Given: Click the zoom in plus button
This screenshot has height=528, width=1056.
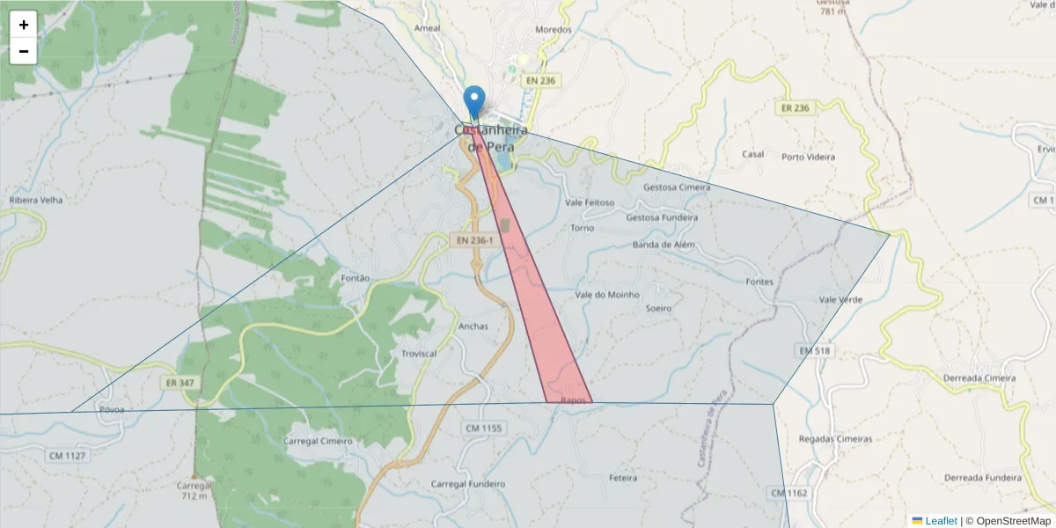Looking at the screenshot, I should tap(24, 25).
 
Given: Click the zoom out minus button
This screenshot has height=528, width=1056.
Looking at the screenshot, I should tap(24, 51).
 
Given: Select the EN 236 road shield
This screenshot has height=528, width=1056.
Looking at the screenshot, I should tap(541, 80).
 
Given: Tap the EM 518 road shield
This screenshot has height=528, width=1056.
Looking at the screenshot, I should tap(815, 350).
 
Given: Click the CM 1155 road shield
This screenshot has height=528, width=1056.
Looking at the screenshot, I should tap(482, 428).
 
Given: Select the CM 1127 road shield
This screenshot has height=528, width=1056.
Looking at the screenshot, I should tap(67, 455).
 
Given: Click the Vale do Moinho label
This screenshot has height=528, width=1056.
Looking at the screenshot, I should tap(607, 295).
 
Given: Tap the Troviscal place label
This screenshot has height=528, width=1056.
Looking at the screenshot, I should tap(419, 353).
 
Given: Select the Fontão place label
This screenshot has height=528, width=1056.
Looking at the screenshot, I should tap(355, 278).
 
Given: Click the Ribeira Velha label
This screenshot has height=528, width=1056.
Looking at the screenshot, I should tap(36, 200).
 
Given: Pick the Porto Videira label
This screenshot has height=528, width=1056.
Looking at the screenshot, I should tap(808, 157).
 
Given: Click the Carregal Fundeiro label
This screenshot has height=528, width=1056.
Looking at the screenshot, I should tap(468, 484).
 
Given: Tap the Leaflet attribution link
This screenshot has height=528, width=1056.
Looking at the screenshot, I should tap(940, 521).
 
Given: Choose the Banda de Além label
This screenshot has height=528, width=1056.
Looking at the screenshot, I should tap(664, 245).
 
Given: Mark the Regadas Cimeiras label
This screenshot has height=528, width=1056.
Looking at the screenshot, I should tap(835, 438).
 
